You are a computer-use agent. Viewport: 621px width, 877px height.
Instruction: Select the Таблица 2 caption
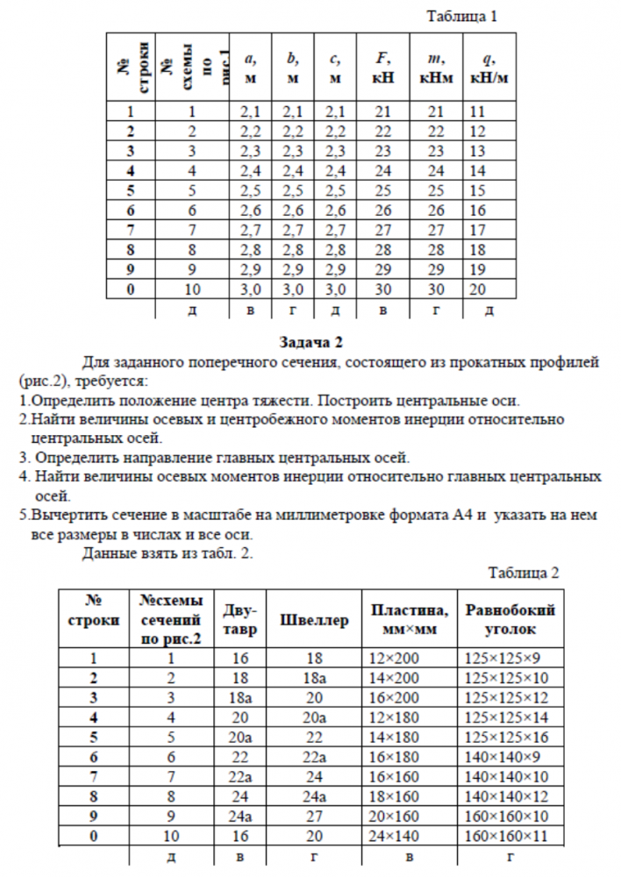click(524, 574)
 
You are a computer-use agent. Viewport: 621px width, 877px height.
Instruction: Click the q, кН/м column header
click(489, 68)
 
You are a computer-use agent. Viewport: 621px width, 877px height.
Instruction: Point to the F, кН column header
click(383, 68)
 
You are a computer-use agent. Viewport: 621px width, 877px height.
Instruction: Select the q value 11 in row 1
click(478, 111)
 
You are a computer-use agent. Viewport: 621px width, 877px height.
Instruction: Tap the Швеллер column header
click(314, 620)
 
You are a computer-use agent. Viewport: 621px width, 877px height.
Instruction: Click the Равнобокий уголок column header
click(510, 620)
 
